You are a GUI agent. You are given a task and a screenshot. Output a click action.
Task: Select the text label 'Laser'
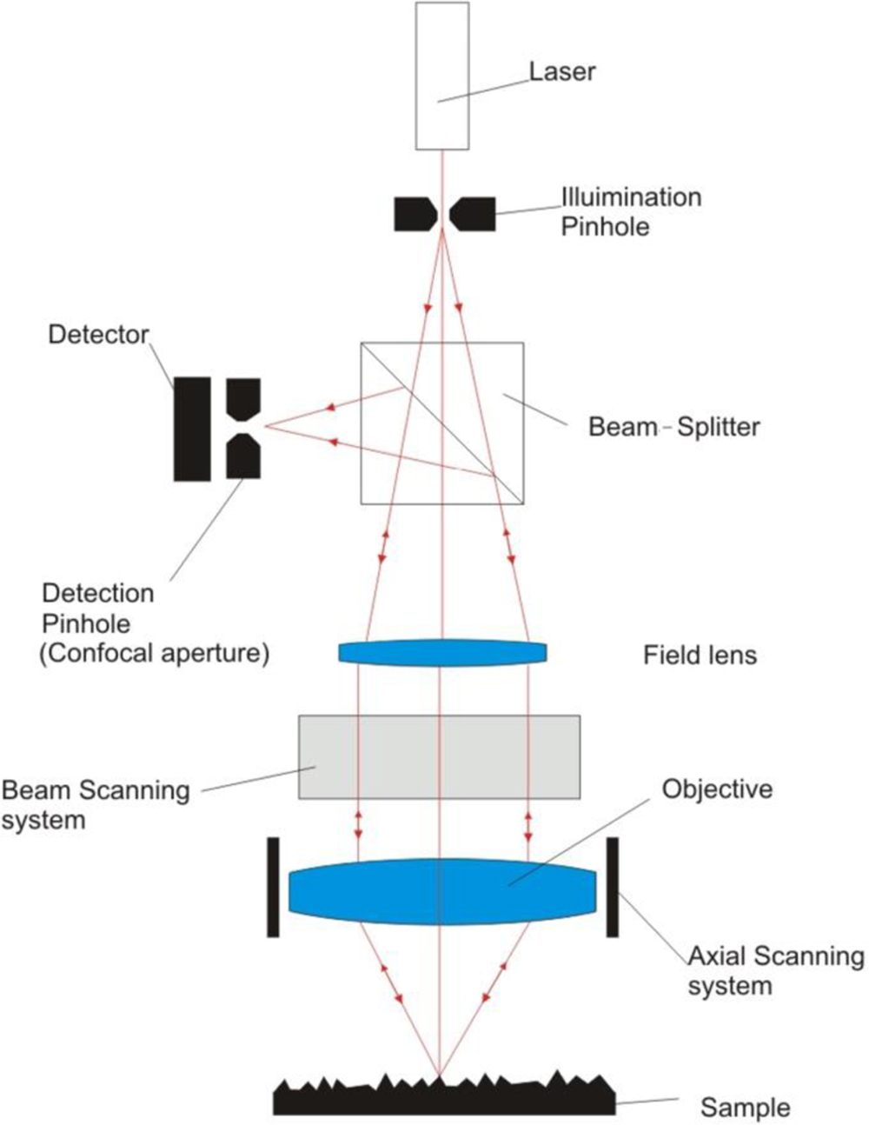click(562, 71)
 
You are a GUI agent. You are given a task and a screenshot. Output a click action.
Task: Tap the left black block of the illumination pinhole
click(414, 214)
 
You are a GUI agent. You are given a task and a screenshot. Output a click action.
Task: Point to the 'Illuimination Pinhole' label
click(630, 211)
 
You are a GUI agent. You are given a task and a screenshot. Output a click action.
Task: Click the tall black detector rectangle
click(192, 429)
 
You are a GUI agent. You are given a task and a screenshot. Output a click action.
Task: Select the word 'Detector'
click(98, 335)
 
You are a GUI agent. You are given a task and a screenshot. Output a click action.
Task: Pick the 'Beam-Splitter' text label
click(673, 427)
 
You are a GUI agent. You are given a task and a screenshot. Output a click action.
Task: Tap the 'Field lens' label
click(700, 655)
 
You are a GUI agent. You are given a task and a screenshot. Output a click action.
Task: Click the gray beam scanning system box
click(439, 756)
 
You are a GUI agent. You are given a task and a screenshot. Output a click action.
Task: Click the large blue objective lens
click(442, 888)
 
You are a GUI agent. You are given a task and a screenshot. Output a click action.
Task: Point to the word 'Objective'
click(717, 789)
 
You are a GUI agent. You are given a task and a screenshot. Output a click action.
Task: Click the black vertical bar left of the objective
click(273, 887)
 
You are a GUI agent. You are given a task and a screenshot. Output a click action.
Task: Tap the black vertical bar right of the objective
click(612, 887)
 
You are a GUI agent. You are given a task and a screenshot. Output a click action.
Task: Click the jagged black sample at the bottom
click(443, 1098)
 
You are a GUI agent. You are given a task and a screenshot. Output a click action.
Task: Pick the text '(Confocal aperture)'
click(154, 653)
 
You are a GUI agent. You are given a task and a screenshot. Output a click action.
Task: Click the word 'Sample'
click(745, 1108)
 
